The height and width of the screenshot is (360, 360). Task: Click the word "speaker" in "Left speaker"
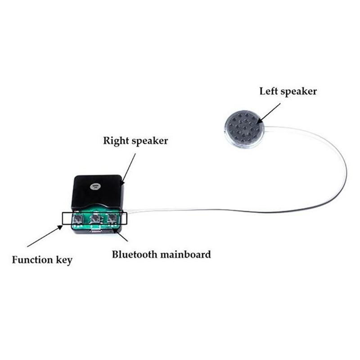(x=298, y=92)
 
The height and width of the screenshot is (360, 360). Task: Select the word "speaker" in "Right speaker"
(x=150, y=141)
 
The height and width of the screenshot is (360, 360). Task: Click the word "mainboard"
(x=185, y=254)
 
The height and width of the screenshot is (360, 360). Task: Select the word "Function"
(x=32, y=260)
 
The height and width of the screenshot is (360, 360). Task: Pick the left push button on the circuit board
(x=77, y=219)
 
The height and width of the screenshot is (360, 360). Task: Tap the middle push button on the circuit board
(x=95, y=219)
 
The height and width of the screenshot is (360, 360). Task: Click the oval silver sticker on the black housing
(x=94, y=187)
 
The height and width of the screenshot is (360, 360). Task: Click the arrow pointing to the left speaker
(x=268, y=113)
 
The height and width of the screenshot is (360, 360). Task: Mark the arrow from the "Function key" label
(x=45, y=236)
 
